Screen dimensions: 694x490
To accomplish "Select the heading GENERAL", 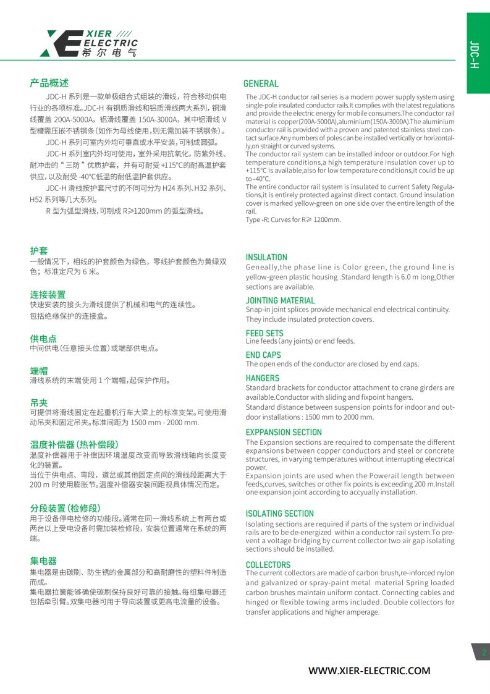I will (x=261, y=83).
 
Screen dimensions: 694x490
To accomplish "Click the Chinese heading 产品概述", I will (x=49, y=83).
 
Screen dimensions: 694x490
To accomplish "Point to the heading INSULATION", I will (x=266, y=257).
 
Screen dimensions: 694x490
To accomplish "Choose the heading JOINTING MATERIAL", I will (x=280, y=300).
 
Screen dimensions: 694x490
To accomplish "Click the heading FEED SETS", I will (x=264, y=332).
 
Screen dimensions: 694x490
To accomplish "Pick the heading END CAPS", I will (x=263, y=355).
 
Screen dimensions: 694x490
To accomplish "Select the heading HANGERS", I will (x=263, y=378).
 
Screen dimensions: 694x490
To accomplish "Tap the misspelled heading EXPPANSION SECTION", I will (x=284, y=432).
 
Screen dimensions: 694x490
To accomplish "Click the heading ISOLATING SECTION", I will (x=280, y=513).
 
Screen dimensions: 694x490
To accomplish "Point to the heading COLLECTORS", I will (x=268, y=564).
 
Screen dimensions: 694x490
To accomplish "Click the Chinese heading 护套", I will (x=39, y=250).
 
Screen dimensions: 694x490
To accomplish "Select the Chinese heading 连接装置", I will (x=48, y=294).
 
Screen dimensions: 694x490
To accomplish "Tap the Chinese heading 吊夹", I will (x=39, y=402).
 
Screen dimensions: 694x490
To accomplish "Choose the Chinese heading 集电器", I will (x=43, y=561).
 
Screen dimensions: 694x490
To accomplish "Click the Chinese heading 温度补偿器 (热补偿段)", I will (x=74, y=444).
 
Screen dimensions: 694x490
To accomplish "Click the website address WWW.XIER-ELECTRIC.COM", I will (x=369, y=671).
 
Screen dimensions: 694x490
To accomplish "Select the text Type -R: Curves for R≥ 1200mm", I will (x=293, y=219).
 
